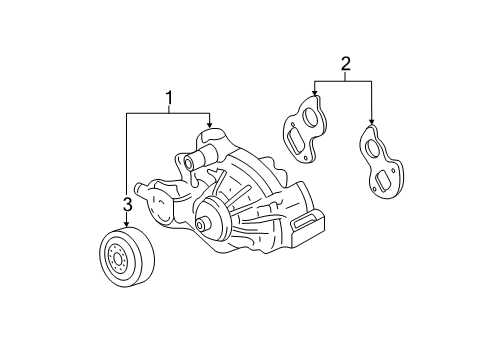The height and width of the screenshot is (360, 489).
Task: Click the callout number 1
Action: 170,98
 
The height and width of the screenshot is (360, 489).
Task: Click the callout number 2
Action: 345,66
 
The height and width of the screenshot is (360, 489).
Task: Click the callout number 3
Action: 127,206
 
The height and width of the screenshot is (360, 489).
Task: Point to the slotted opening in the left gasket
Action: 297,136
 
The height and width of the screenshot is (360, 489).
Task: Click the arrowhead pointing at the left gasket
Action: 315,96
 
